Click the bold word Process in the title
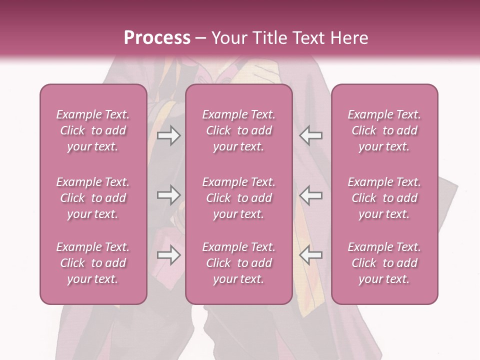[x=157, y=38]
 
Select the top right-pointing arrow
[x=168, y=135]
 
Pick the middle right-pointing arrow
[x=168, y=195]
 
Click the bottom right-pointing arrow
[x=168, y=255]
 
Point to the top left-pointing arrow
[x=310, y=135]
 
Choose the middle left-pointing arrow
[x=310, y=195]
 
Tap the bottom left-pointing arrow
[x=310, y=255]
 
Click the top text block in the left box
[x=93, y=130]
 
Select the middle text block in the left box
[x=93, y=198]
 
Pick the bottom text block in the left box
[x=93, y=263]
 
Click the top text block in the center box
[x=239, y=130]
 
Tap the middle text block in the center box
[x=239, y=198]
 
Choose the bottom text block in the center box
[x=239, y=263]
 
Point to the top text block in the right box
[x=384, y=130]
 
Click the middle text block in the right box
[x=384, y=198]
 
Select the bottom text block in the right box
[x=384, y=263]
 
